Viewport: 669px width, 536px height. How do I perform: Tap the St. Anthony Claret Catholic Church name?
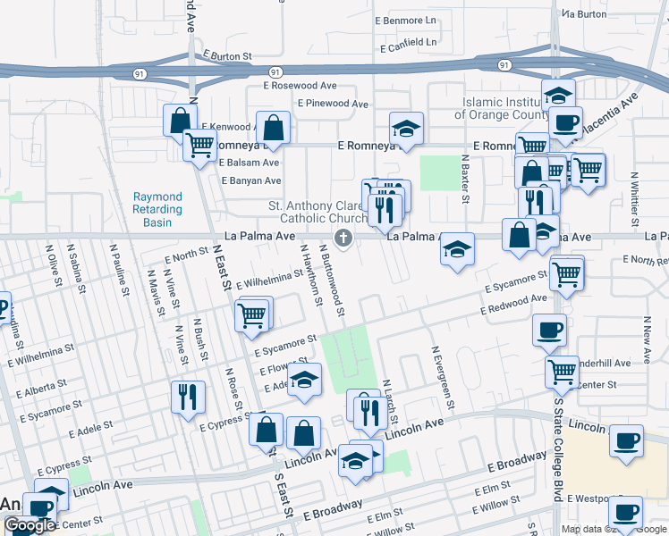click(x=318, y=212)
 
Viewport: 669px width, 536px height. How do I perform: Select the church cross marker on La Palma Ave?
click(x=342, y=237)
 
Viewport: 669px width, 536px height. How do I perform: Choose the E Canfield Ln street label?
click(x=407, y=41)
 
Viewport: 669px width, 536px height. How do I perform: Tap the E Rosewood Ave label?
click(x=299, y=86)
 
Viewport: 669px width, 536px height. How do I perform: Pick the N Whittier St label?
click(x=634, y=198)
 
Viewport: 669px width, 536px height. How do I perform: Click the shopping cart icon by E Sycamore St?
click(x=253, y=314)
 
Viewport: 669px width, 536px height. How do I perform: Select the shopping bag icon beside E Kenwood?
click(x=180, y=120)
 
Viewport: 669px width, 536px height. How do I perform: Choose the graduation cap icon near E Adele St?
click(x=304, y=381)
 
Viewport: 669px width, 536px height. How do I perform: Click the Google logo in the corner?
click(x=29, y=525)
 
